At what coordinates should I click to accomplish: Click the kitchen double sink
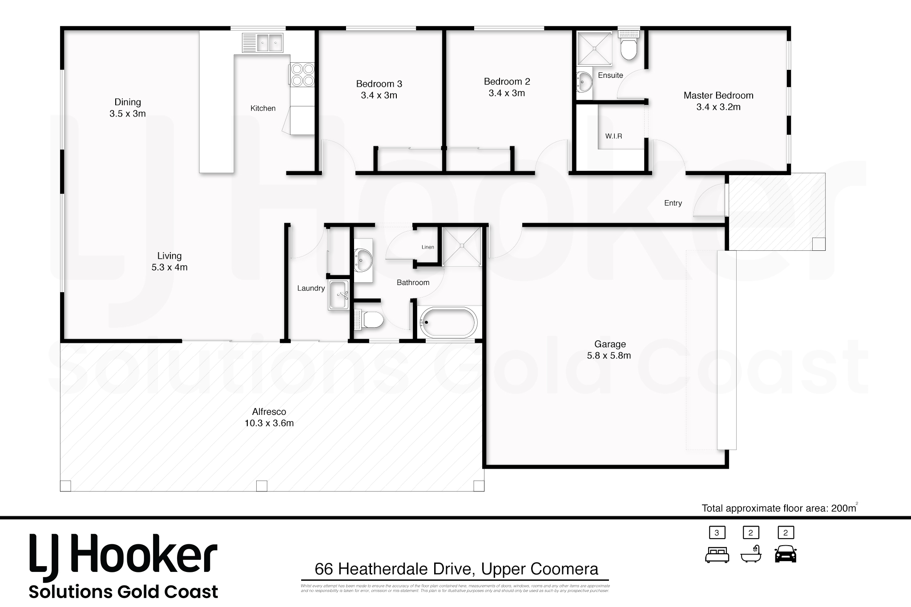tap(262, 43)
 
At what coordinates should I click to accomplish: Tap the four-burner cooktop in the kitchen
tap(302, 75)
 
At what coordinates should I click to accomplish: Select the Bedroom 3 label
tap(379, 84)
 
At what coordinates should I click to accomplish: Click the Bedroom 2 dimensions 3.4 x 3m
tap(507, 93)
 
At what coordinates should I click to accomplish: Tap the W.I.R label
tap(613, 136)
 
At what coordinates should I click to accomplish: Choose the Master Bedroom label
tap(718, 95)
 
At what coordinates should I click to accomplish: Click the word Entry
tap(673, 203)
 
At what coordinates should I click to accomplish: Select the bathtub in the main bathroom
tap(448, 322)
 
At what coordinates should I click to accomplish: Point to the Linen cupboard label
tap(427, 247)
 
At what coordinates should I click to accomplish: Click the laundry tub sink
tap(339, 295)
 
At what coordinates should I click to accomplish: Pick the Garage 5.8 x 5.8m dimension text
tap(609, 356)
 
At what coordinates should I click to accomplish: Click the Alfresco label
tap(269, 412)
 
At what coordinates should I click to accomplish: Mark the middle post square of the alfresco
tap(262, 486)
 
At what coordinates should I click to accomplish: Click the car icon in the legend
tap(785, 554)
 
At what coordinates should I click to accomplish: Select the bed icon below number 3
tap(717, 555)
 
